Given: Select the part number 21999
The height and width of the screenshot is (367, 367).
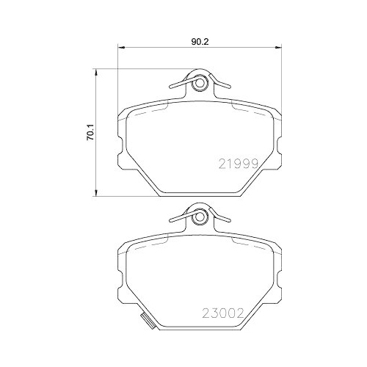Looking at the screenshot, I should (x=238, y=165).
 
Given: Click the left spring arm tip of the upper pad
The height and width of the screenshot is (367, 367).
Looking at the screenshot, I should (x=171, y=87).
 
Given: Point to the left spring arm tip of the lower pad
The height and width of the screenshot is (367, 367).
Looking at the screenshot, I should (x=171, y=219).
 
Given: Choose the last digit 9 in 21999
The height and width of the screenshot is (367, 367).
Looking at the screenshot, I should (x=255, y=165).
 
